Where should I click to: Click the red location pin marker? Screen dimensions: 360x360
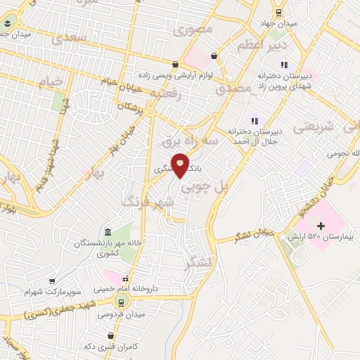pyautogui.click(x=181, y=165)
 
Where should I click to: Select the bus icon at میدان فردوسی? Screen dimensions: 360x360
pyautogui.click(x=123, y=302)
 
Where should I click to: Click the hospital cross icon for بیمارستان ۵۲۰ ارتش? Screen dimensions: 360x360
pyautogui.click(x=321, y=226)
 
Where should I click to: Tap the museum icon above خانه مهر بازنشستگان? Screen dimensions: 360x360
pyautogui.click(x=107, y=233)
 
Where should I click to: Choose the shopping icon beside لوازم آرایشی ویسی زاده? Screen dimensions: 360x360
pyautogui.click(x=214, y=56)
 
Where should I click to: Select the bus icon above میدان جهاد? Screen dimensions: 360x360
pyautogui.click(x=279, y=11)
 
